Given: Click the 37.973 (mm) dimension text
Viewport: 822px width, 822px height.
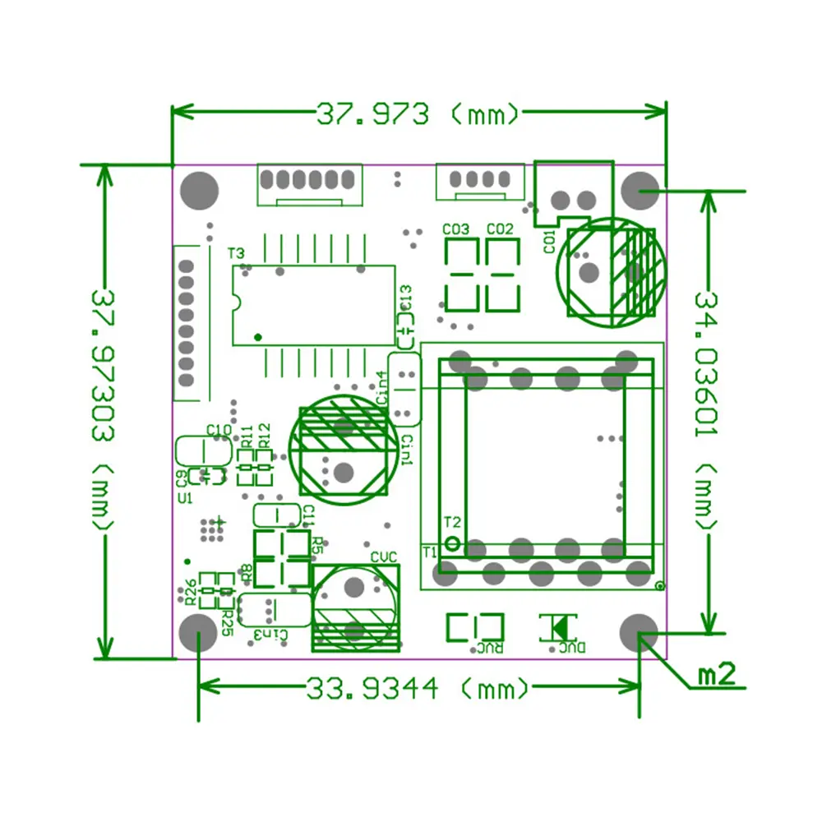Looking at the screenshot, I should click(418, 113).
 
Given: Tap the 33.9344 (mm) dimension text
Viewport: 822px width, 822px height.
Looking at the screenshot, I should click(418, 687).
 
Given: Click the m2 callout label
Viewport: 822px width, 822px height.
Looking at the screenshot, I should click(715, 675).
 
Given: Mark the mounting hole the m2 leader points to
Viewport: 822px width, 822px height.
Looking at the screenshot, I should click(640, 633).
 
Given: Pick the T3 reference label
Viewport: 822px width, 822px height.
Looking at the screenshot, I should click(236, 253).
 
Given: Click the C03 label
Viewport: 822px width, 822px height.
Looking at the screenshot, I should click(455, 229).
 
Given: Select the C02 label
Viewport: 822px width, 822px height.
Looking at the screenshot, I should click(499, 229).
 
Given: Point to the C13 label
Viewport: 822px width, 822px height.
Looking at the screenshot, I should click(406, 298).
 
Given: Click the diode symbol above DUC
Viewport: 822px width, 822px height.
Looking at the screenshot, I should click(558, 627).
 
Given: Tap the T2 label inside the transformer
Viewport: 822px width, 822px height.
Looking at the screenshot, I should click(452, 522).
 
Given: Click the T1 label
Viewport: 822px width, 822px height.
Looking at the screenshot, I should click(429, 552).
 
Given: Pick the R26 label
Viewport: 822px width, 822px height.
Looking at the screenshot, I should click(190, 591).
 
